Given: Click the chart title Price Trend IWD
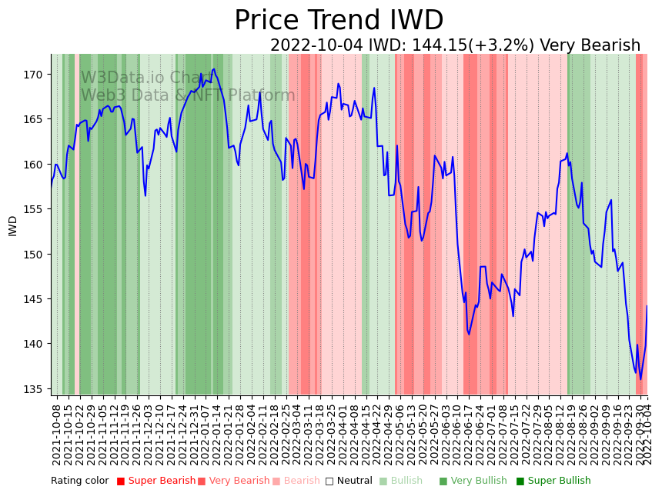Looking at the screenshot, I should pyautogui.click(x=339, y=21).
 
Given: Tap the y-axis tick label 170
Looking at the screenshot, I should pyautogui.click(x=33, y=75).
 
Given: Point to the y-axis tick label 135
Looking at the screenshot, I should pyautogui.click(x=33, y=389).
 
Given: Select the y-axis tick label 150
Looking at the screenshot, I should pyautogui.click(x=33, y=255).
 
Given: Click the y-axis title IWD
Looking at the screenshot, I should pyautogui.click(x=13, y=225).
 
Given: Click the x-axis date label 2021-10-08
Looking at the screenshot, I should pyautogui.click(x=56, y=431).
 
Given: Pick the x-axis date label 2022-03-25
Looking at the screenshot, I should pyautogui.click(x=332, y=431).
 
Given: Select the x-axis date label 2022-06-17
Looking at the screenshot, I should pyautogui.click(x=468, y=431).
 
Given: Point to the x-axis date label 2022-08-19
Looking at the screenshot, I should pyautogui.click(x=571, y=431).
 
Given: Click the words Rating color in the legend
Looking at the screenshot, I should pyautogui.click(x=80, y=481).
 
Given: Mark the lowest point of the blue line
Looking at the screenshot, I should pyautogui.click(x=640, y=379).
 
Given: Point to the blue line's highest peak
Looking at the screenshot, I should pyautogui.click(x=214, y=69).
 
